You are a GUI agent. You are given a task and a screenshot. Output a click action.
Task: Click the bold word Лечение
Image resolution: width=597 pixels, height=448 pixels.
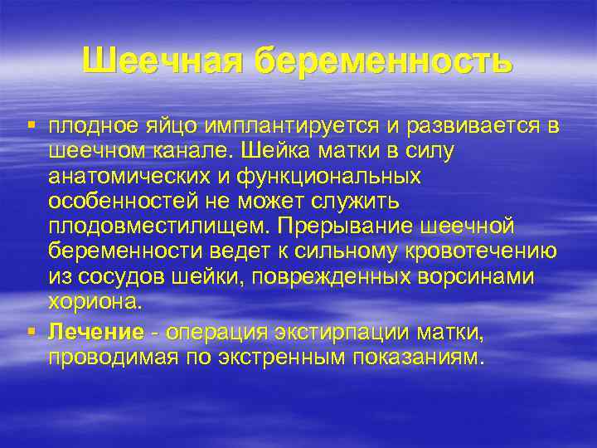coord(96,333)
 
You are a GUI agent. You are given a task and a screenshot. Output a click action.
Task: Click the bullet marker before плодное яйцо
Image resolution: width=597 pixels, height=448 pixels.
coord(30,124)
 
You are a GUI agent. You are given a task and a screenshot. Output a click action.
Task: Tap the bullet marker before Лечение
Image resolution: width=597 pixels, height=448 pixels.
coord(30,332)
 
